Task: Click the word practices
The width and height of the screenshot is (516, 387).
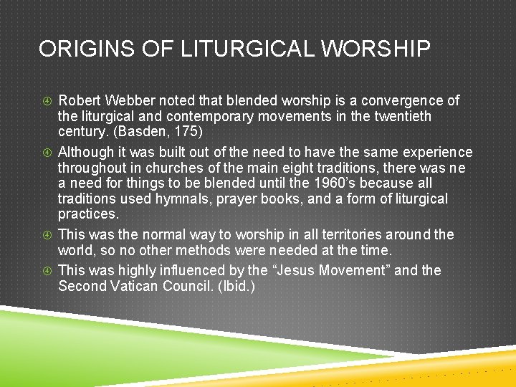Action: point(87,214)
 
